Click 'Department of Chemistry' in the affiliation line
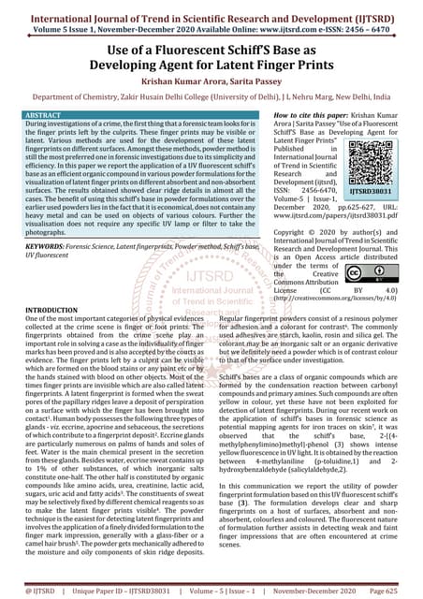[56, 98]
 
